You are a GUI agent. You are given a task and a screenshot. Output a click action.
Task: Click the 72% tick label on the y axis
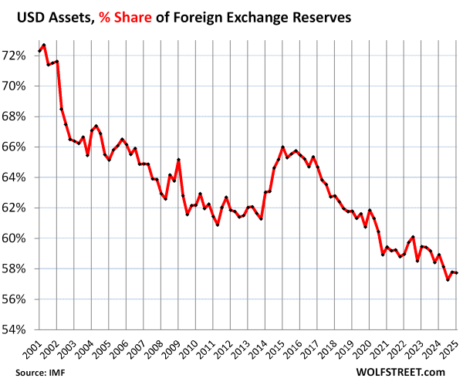click(x=16, y=56)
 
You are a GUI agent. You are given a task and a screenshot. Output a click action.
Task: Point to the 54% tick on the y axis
click(x=16, y=329)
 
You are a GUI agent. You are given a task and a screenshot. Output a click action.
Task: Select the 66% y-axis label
click(x=16, y=147)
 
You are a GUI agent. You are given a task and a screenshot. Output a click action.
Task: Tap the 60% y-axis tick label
click(x=16, y=238)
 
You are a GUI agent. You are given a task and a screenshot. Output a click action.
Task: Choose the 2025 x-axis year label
click(x=451, y=350)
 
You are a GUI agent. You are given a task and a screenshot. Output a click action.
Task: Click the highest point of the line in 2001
click(x=44, y=45)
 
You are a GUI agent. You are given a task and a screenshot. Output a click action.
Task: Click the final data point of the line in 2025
click(x=458, y=273)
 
